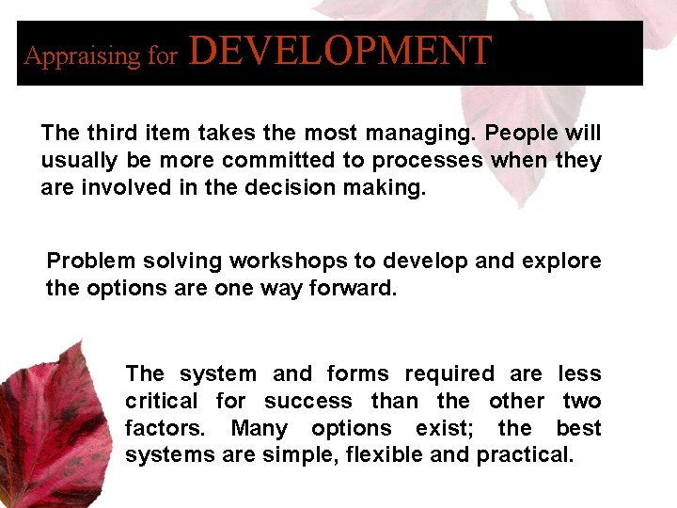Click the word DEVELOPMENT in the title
click(340, 51)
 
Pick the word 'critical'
click(161, 402)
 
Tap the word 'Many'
click(259, 429)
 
